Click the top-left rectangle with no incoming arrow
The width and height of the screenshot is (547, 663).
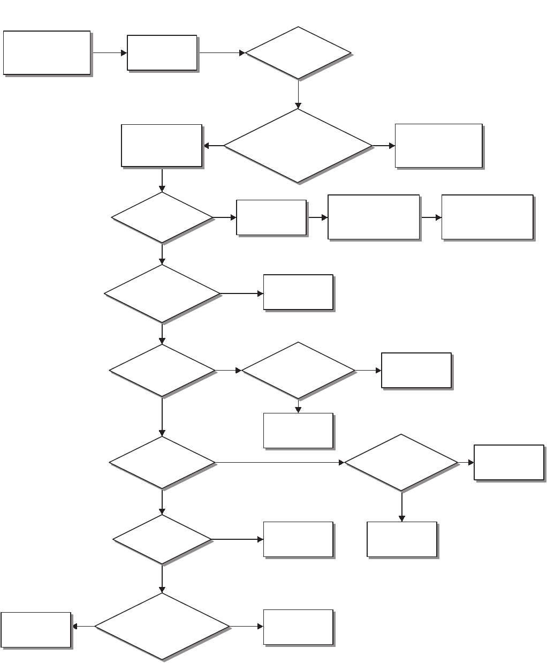(47, 52)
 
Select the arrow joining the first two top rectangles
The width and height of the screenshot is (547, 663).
(109, 53)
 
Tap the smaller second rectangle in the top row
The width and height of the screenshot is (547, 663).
(162, 52)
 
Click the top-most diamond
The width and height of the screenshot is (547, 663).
(298, 53)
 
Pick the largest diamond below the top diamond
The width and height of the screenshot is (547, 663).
(298, 146)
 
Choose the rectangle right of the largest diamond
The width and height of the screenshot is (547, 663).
(439, 146)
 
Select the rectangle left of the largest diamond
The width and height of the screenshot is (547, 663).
(162, 146)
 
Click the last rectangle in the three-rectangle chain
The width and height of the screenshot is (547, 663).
(487, 217)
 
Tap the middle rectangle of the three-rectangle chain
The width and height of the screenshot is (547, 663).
(373, 217)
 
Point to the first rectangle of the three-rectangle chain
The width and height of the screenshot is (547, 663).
(271, 217)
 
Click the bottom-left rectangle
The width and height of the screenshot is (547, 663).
(36, 630)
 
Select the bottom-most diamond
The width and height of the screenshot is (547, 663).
(162, 627)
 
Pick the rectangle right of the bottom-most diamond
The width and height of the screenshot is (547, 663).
(298, 627)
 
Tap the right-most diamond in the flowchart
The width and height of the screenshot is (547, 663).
(401, 463)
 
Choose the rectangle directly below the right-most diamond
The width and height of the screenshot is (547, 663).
(402, 539)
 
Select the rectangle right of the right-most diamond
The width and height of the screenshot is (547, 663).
(508, 462)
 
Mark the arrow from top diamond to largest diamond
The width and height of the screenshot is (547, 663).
(298, 94)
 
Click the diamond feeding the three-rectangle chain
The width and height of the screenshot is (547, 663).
(162, 217)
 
